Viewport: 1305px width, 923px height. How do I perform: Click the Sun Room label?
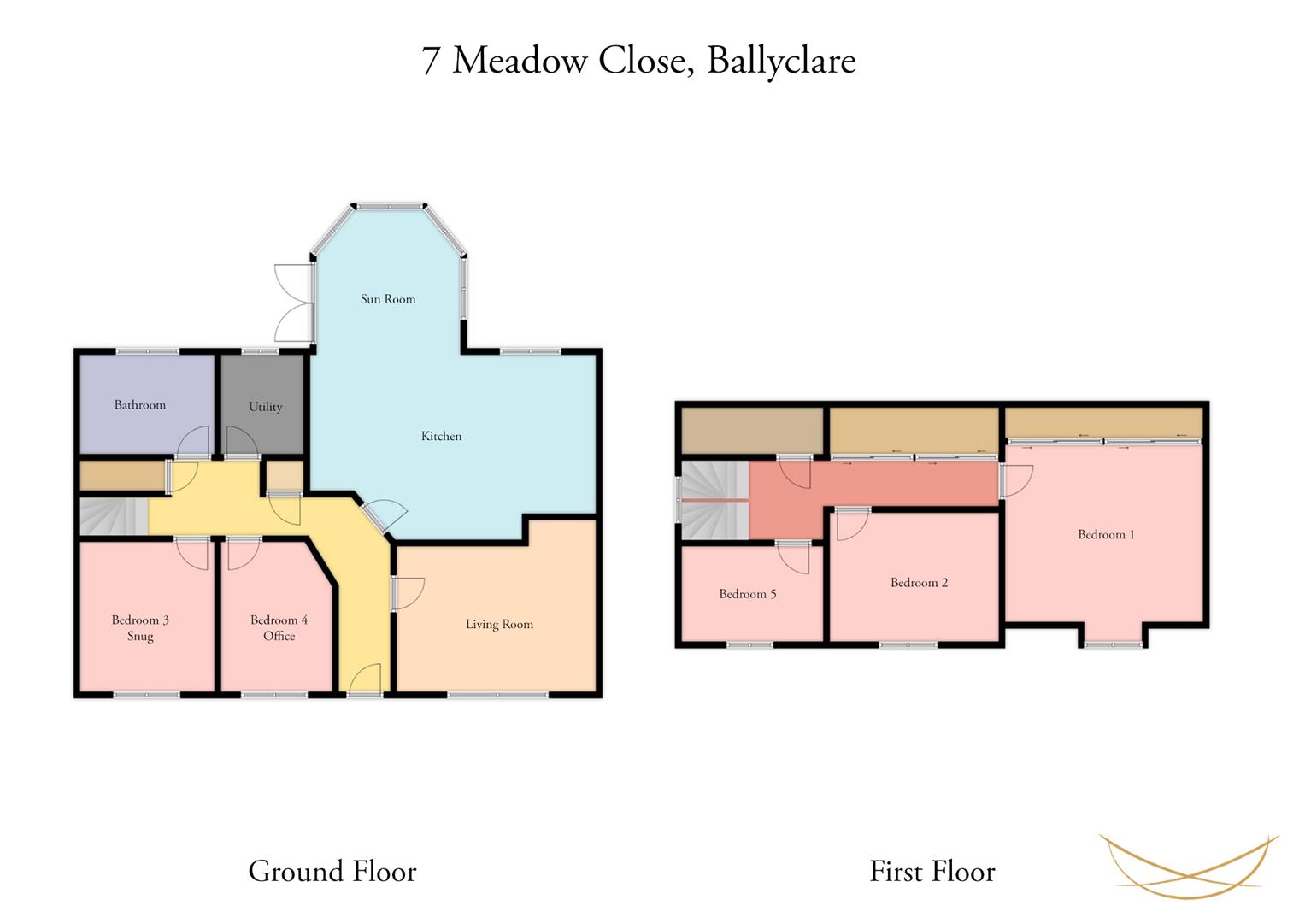click(388, 299)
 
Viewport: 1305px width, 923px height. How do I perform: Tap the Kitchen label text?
click(441, 436)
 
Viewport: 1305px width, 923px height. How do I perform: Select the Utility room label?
click(266, 407)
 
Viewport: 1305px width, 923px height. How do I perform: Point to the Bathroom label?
click(140, 404)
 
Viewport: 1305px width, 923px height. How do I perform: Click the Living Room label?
click(499, 624)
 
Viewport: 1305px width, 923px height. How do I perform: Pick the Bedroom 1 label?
click(1107, 534)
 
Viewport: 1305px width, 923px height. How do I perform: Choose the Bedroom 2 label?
click(920, 582)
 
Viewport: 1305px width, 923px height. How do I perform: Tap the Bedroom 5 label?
click(748, 594)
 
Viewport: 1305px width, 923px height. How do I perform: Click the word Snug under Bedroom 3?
click(140, 636)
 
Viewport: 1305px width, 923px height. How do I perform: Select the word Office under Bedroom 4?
click(279, 636)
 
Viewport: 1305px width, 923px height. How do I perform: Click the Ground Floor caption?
click(332, 871)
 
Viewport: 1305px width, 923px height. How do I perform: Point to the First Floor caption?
click(932, 871)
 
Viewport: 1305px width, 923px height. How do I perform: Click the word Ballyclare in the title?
click(781, 62)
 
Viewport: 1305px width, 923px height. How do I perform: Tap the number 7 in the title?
click(430, 62)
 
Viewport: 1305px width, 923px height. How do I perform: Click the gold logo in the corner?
click(1189, 866)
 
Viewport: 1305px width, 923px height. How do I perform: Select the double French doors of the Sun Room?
click(295, 303)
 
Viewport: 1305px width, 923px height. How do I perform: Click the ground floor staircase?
click(114, 515)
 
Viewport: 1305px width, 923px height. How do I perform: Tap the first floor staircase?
click(714, 500)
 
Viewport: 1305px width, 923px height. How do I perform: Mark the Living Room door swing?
click(408, 594)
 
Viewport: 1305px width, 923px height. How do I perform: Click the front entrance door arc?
click(365, 679)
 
